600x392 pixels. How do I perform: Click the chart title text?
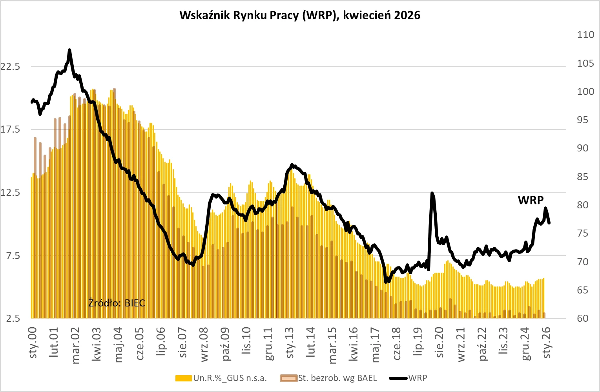click(x=300, y=15)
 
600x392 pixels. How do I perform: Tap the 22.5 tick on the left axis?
click(x=10, y=66)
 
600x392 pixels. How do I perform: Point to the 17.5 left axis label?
click(x=10, y=129)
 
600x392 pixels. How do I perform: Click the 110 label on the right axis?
click(x=585, y=35)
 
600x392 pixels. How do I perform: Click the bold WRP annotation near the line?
click(x=531, y=200)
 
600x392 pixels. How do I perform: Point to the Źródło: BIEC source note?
click(x=117, y=303)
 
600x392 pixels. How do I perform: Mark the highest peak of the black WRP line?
click(x=69, y=50)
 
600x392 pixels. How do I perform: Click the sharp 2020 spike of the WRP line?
click(x=432, y=193)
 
